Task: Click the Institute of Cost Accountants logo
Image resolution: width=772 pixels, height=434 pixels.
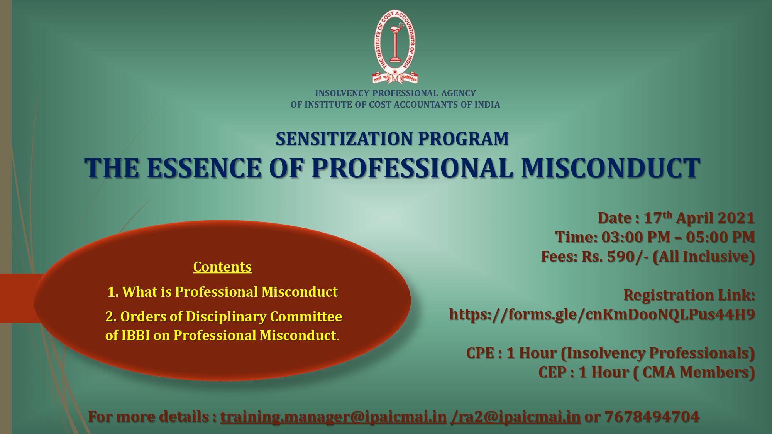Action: [x=395, y=47]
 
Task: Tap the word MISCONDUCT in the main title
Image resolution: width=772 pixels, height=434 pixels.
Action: [x=611, y=168]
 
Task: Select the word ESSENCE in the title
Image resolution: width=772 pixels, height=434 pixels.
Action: [x=204, y=168]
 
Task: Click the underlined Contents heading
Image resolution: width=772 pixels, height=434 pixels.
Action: [x=222, y=267]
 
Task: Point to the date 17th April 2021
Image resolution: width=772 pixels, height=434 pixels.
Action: [x=699, y=218]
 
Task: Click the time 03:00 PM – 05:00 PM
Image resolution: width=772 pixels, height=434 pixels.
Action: [x=678, y=237]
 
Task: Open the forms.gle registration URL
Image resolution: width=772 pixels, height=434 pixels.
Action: [x=602, y=314]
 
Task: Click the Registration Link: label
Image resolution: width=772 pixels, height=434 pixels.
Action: [x=689, y=295]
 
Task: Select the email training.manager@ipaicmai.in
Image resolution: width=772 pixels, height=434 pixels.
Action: [x=334, y=417]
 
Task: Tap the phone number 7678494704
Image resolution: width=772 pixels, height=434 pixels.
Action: [x=652, y=417]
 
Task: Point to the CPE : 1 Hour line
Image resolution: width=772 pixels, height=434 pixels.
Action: [x=610, y=353]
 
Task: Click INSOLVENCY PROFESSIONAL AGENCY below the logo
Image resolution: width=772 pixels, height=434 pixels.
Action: [x=395, y=93]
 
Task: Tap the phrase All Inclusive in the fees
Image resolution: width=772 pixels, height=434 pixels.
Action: [x=703, y=257]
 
